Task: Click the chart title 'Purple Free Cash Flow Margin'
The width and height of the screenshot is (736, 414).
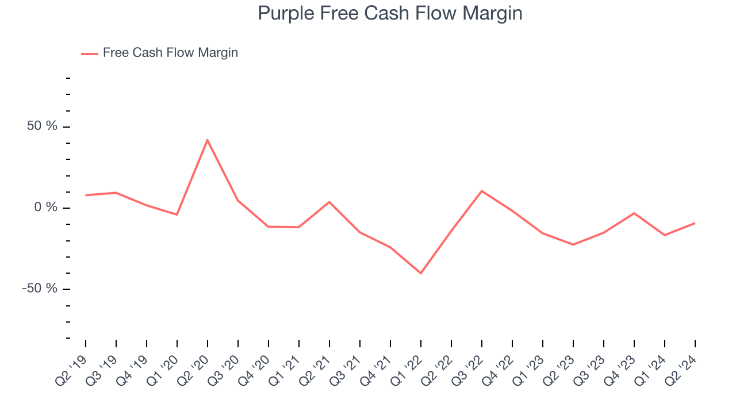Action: (x=390, y=13)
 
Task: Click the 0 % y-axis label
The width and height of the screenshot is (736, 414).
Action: (x=46, y=208)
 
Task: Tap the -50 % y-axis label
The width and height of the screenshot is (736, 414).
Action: (x=40, y=289)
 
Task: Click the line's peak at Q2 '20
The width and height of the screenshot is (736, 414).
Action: (x=207, y=140)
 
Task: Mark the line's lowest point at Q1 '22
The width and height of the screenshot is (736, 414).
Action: (x=420, y=273)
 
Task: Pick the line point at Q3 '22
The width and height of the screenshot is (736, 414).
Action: (x=481, y=190)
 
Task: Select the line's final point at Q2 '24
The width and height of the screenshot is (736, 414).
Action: (x=695, y=223)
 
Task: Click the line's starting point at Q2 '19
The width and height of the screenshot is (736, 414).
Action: (x=86, y=195)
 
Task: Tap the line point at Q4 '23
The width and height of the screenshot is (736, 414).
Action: (x=634, y=213)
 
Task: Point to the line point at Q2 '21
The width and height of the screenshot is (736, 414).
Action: (x=329, y=202)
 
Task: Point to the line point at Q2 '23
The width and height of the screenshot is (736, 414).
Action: (x=573, y=245)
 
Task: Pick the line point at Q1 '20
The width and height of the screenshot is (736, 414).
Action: (x=177, y=214)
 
